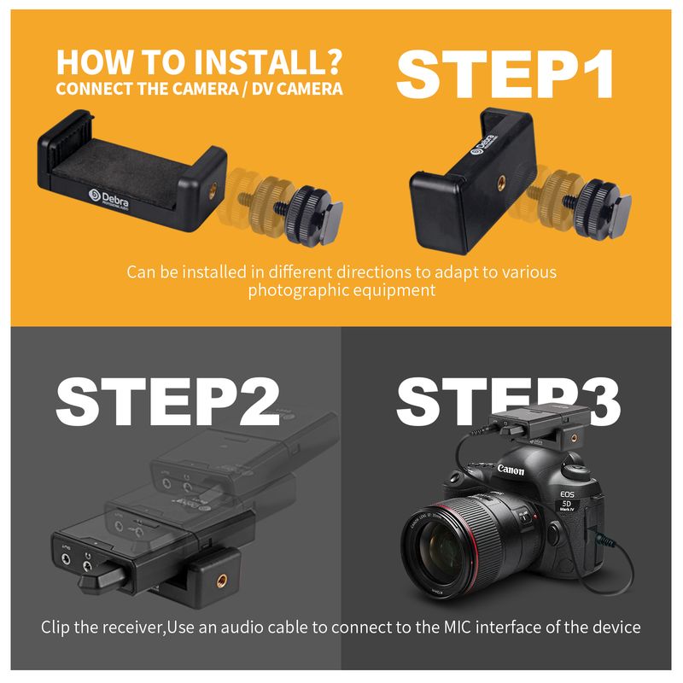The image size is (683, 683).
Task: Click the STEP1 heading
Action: click(505, 74)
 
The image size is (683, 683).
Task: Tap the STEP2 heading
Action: click(168, 401)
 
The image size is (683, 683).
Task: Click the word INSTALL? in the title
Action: click(268, 61)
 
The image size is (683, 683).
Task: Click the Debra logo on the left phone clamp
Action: click(108, 199)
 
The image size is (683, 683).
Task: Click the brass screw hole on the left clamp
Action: click(212, 190)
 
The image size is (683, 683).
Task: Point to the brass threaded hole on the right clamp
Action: click(502, 183)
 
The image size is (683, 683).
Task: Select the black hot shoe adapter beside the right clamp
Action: click(603, 208)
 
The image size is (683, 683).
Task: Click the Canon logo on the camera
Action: click(511, 470)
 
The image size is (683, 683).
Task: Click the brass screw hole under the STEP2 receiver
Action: click(222, 581)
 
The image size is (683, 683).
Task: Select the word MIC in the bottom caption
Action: click(458, 628)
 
